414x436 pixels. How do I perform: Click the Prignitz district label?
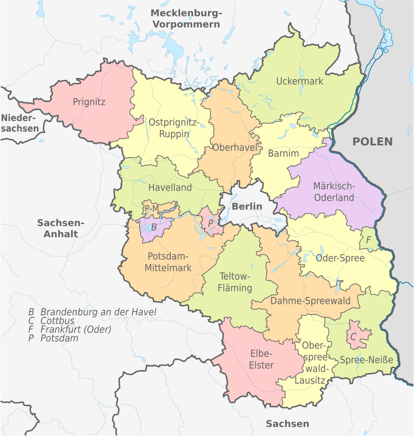click(x=89, y=102)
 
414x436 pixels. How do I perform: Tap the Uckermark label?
click(x=299, y=81)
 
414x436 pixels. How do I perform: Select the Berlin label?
click(x=247, y=206)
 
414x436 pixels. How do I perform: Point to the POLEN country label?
click(x=373, y=141)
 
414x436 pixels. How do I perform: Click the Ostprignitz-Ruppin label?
click(x=174, y=128)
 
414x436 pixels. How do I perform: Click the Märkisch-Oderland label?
click(x=334, y=192)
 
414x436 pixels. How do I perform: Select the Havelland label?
click(x=170, y=188)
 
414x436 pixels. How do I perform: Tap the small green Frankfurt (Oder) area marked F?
click(x=368, y=240)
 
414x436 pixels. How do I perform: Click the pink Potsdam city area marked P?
click(x=210, y=223)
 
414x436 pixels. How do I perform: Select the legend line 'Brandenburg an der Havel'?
click(x=92, y=312)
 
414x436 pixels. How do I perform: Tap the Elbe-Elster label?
click(x=261, y=359)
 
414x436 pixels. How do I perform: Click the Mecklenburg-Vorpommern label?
click(x=186, y=19)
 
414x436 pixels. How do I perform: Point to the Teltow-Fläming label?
click(x=235, y=281)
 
